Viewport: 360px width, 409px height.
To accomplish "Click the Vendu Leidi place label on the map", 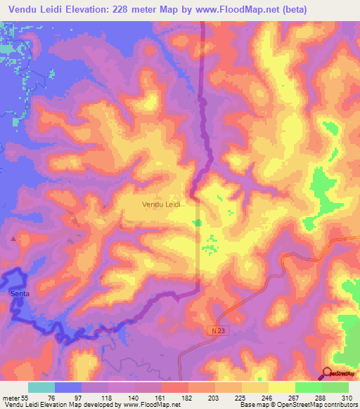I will [162, 204].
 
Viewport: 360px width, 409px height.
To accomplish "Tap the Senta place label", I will [20, 294].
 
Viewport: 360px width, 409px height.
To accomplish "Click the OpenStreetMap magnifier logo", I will [328, 373].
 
